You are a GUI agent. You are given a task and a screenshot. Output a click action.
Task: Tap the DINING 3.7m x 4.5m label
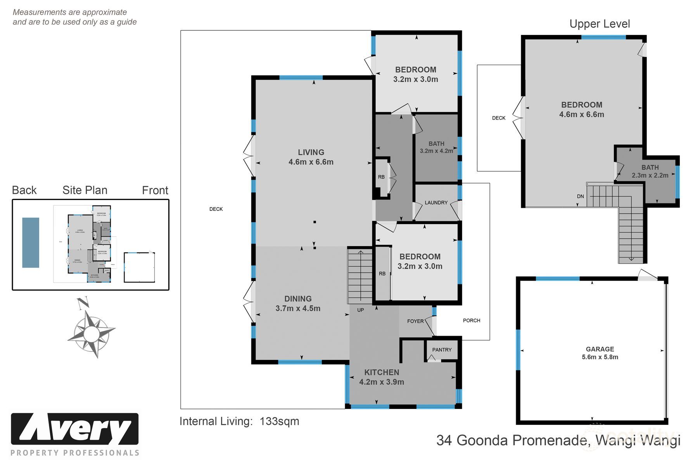pos(298,303)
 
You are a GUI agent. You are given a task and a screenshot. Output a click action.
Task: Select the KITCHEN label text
pos(382,372)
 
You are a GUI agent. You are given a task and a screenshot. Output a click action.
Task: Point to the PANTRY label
pos(442,349)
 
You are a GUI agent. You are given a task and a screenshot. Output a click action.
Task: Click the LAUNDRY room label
pos(436,202)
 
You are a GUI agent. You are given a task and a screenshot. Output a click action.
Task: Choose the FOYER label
pos(415,321)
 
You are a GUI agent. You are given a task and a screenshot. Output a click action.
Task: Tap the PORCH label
pos(472,320)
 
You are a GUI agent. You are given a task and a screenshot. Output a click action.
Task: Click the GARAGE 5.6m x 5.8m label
pos(600,353)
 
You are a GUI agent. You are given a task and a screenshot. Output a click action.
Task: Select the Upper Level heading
pos(600,24)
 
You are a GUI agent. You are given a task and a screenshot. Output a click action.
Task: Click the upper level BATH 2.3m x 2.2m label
pos(650,171)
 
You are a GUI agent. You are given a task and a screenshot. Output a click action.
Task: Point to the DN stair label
pos(580,196)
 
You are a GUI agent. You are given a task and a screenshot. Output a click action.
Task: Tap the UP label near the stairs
pos(360,310)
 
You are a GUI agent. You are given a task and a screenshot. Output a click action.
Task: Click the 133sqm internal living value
pos(279,421)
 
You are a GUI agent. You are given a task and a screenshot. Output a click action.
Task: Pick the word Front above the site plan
pos(155,190)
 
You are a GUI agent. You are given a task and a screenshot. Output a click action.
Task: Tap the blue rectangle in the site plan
pos(31,242)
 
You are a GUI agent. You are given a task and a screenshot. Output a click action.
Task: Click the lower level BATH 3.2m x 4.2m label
pos(436,147)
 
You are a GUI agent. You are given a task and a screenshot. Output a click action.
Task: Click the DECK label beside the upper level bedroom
pos(499,118)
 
